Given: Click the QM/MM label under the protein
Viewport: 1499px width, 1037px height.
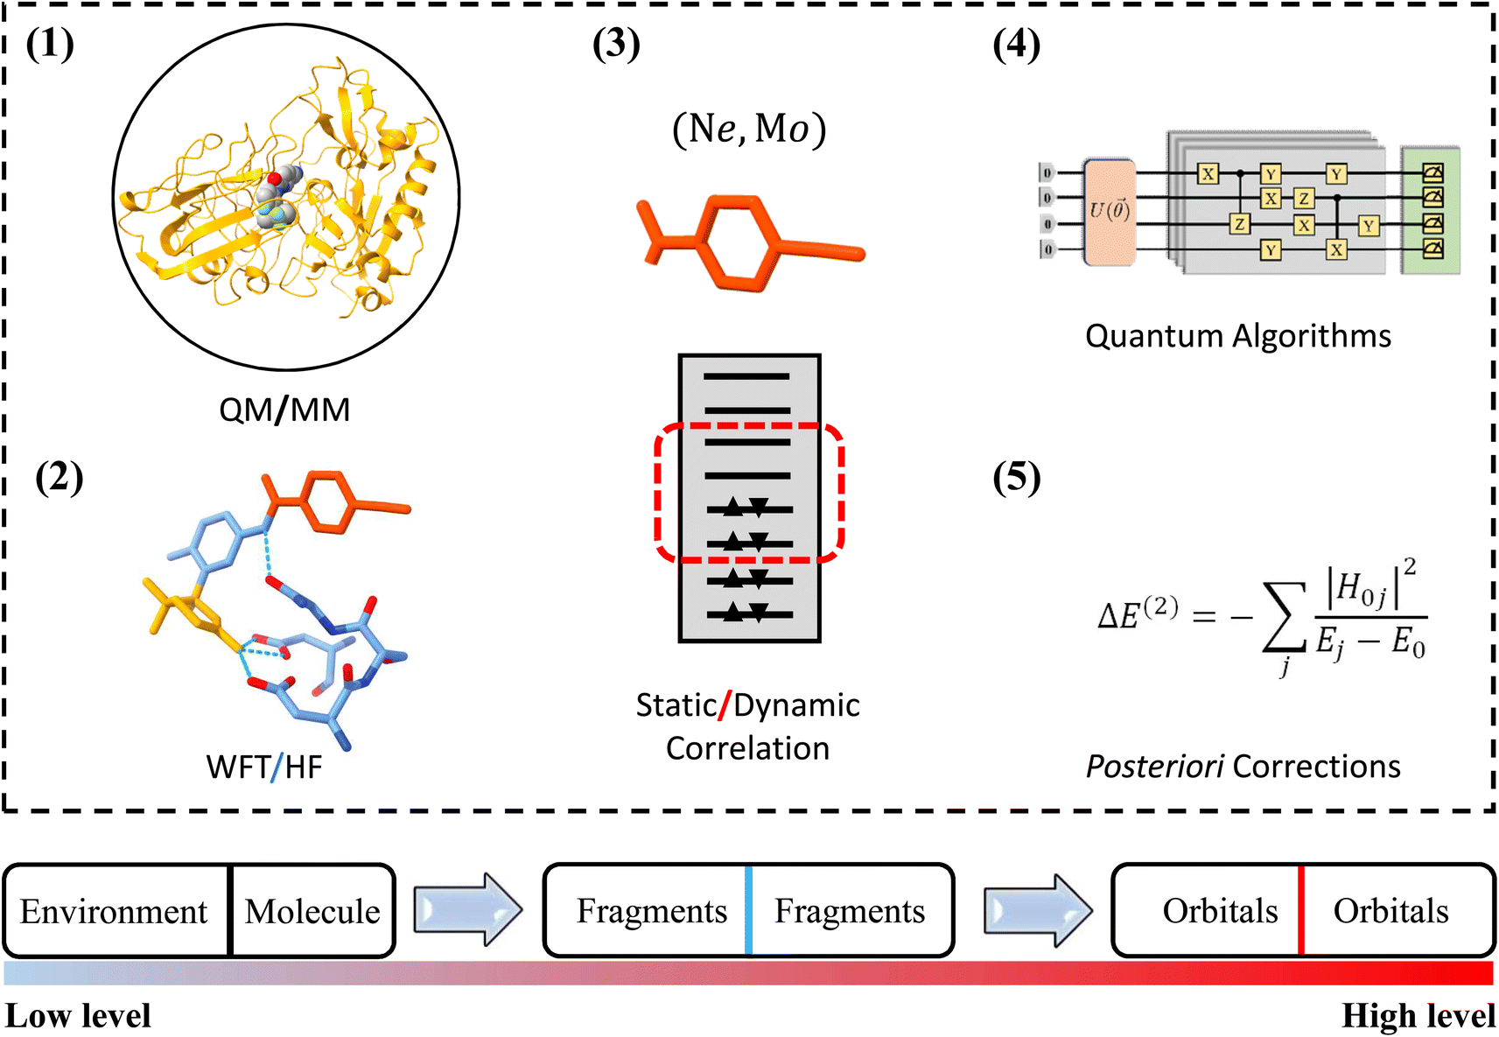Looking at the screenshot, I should pos(284,410).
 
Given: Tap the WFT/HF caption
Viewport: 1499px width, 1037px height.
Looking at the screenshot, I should pos(264,767).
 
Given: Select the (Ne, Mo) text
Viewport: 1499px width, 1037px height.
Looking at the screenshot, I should pos(749,130).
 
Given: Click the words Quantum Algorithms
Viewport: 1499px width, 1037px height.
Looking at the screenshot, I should pos(1237,336).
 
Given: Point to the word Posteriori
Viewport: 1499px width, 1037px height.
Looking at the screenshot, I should pos(1154,767).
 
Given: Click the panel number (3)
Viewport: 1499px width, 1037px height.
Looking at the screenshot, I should pos(616,44).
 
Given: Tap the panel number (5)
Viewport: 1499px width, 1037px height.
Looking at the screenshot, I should pos(1016,478).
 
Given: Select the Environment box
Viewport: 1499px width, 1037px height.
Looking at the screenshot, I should pos(115,911).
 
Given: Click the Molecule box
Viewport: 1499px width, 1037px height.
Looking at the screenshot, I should pos(312,911).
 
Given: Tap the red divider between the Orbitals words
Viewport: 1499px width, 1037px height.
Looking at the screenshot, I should pos(1301,910).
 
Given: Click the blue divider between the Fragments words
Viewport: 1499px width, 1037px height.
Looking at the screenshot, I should pos(749,910).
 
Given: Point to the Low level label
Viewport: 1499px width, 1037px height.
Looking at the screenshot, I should pos(79,1016).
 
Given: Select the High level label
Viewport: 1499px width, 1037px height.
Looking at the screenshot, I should pos(1418,1016).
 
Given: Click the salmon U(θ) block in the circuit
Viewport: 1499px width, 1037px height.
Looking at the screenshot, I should pos(1109,212).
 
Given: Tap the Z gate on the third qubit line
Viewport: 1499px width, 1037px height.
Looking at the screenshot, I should pos(1239,224).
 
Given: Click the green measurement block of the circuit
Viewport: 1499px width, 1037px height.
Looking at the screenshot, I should pos(1431,211).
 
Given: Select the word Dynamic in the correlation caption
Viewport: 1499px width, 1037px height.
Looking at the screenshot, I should pos(796,705).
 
